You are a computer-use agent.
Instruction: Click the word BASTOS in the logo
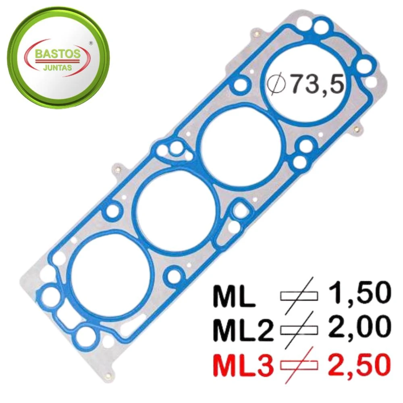coord(57,54)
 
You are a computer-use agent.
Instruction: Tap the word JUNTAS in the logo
coord(58,68)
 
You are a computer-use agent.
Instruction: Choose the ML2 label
coord(243,330)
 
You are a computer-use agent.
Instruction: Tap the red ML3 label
coord(243,365)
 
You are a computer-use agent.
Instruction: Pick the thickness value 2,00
coord(358,327)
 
